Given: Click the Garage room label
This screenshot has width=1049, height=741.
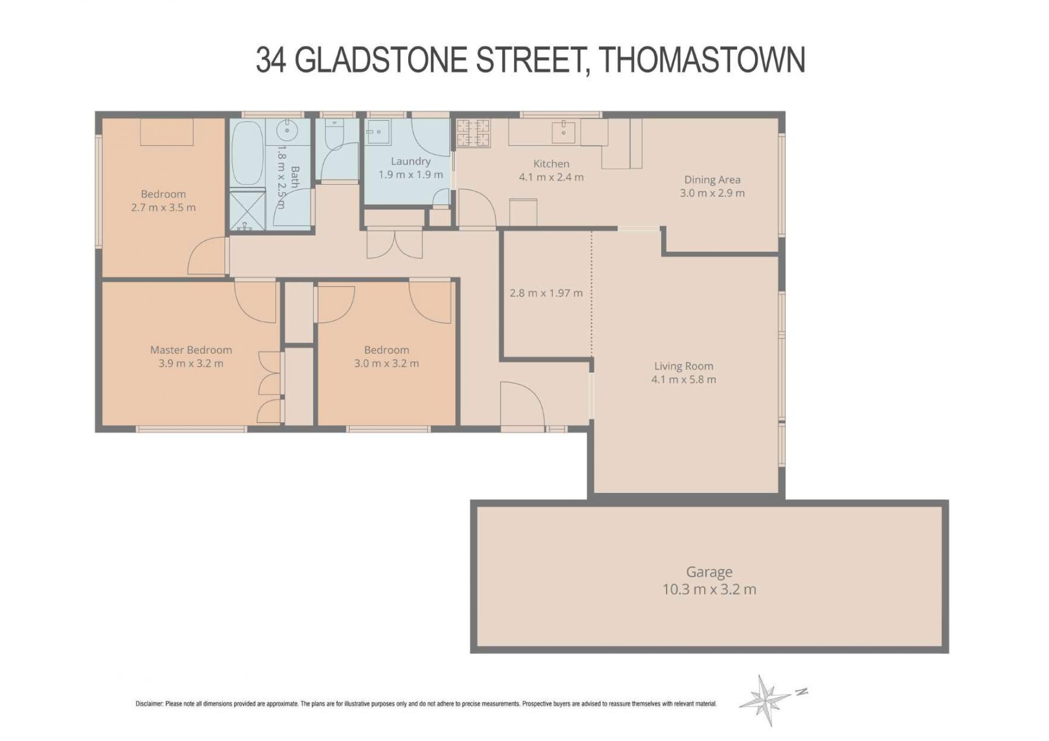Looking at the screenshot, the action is click(x=709, y=573).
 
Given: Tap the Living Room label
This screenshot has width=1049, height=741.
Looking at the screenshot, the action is click(x=683, y=366).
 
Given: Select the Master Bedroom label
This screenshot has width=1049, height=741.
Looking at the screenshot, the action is click(x=191, y=350).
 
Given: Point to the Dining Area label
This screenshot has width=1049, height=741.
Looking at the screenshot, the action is click(x=712, y=179).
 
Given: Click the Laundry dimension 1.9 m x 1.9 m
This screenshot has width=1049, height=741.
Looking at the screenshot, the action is click(x=410, y=174).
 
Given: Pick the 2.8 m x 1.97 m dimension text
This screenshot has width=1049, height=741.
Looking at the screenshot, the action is click(x=546, y=293).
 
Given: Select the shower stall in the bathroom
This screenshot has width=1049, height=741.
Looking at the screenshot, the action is click(x=247, y=209).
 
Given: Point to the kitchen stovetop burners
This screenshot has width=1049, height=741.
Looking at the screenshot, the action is click(x=473, y=133).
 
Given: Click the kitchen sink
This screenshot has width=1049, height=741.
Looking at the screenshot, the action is click(x=563, y=131).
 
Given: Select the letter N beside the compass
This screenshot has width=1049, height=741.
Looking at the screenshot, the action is click(x=802, y=692).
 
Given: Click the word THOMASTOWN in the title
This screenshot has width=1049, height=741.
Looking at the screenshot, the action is click(x=703, y=60).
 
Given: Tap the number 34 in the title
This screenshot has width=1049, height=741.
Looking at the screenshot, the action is click(x=271, y=60).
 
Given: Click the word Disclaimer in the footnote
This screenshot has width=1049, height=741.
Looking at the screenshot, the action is click(x=149, y=704).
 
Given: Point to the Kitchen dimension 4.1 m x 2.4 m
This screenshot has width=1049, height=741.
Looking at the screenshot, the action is click(x=551, y=177).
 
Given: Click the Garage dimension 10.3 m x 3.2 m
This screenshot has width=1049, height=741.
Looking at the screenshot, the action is click(x=709, y=590).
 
